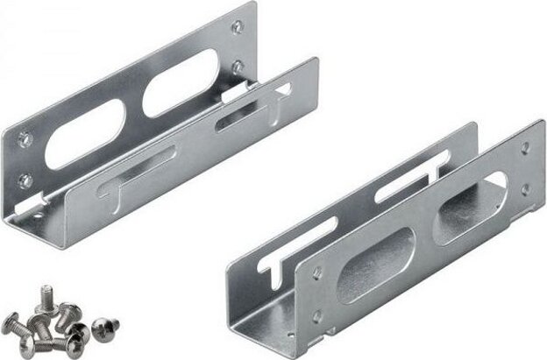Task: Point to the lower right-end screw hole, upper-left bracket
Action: pyautogui.click(x=237, y=66)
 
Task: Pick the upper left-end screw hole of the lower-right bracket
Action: pyautogui.click(x=316, y=273)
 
